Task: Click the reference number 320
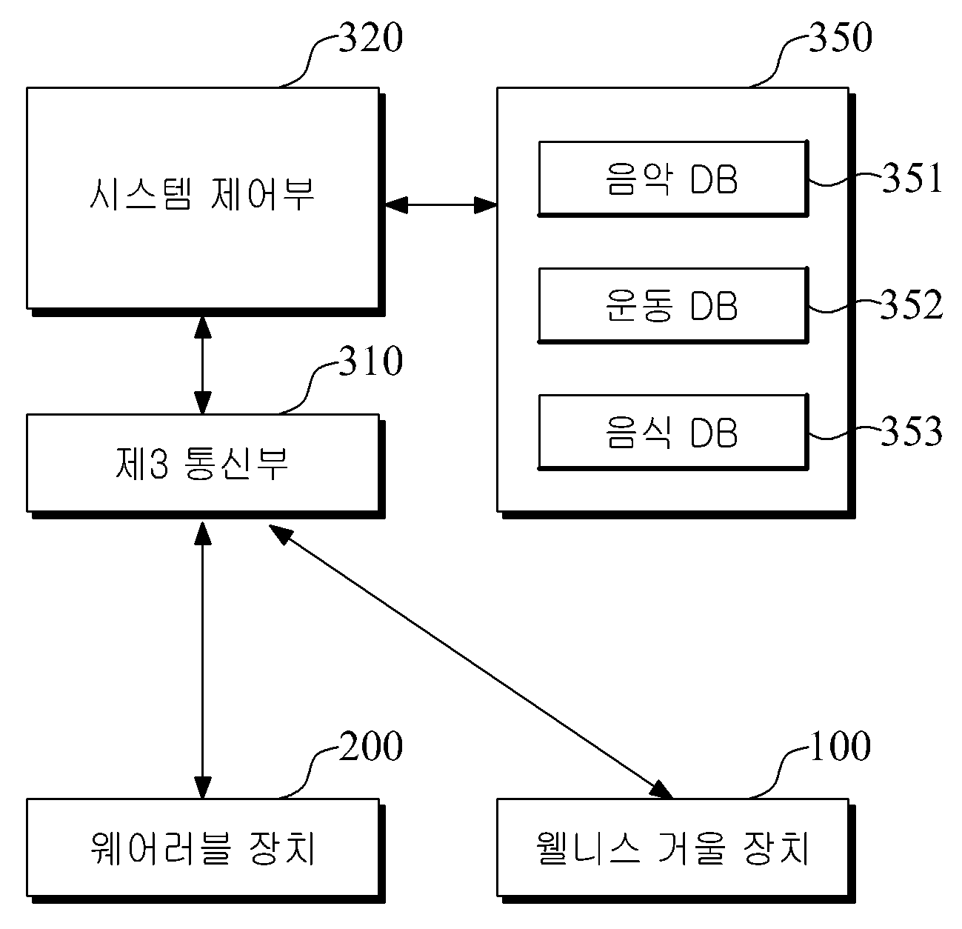371,38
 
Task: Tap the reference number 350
841,38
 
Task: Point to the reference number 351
912,178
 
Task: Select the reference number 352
912,304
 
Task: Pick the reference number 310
371,361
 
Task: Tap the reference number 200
371,746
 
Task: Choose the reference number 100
841,746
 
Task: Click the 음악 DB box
673,179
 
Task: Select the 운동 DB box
673,305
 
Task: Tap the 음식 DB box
673,432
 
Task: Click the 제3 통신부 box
206,466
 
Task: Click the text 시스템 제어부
202,194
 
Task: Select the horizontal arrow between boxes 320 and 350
441,204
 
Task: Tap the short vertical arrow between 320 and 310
203,365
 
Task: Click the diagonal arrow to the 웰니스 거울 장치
470,662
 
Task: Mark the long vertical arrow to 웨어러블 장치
203,659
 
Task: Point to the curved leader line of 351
845,179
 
